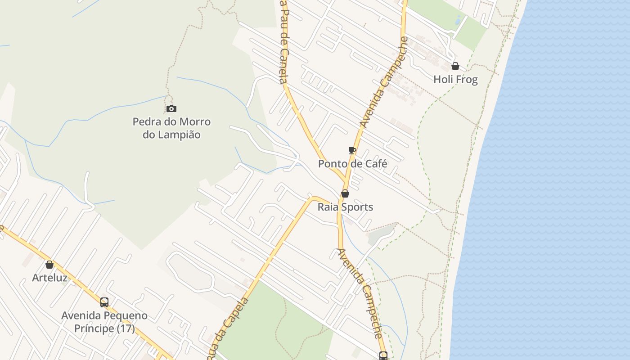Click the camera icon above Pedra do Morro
tap(171, 108)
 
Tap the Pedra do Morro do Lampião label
tap(171, 128)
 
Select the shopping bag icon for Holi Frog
tap(455, 66)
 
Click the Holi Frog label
tap(455, 80)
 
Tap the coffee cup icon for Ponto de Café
tap(352, 150)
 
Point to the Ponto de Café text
tap(352, 164)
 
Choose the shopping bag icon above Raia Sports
tap(345, 193)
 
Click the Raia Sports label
tap(345, 207)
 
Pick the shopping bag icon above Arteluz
tap(49, 265)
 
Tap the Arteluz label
tap(49, 278)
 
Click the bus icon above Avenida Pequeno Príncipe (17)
tap(104, 302)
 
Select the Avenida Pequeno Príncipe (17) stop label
tap(104, 322)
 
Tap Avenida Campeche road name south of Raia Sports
tap(360, 292)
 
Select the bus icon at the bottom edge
tap(383, 355)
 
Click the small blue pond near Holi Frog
tap(458, 20)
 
